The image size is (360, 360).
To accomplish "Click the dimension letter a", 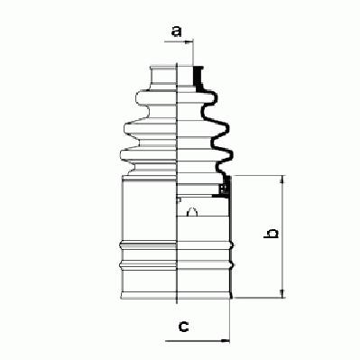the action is tap(177, 32).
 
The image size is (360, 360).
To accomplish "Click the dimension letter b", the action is tap(271, 234).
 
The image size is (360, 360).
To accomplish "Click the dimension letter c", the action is tap(183, 326).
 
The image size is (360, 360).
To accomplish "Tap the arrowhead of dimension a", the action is tap(189, 42).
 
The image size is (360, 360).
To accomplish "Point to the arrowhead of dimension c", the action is tap(226, 341).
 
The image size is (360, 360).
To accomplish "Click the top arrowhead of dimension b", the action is tap(282, 180).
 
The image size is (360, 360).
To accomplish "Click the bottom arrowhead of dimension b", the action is tap(282, 294).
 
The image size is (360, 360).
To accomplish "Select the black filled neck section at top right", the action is tap(198, 77).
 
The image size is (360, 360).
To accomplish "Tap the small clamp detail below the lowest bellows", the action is tap(223, 189).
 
